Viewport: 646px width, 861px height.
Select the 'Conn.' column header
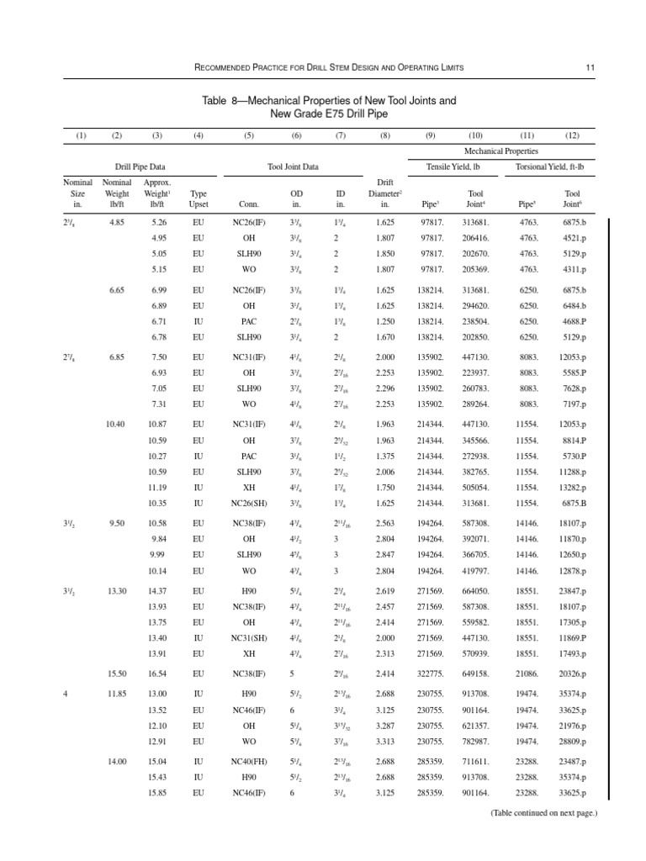tap(249, 203)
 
